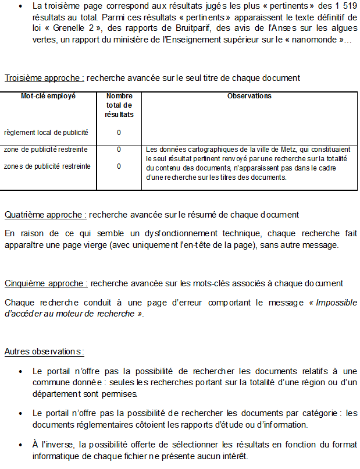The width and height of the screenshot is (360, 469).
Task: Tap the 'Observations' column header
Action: click(x=249, y=96)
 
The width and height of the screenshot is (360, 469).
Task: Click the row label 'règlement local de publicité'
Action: click(x=46, y=133)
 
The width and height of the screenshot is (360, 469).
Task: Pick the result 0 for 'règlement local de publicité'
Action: click(x=119, y=133)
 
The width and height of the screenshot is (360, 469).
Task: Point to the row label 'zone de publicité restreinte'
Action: click(x=46, y=150)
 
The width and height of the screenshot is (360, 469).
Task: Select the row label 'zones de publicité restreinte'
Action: click(x=47, y=166)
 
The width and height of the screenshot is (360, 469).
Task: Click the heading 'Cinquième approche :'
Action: click(x=46, y=283)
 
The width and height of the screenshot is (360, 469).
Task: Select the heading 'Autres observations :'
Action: click(x=44, y=351)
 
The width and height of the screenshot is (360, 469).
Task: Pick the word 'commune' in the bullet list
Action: click(x=51, y=382)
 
